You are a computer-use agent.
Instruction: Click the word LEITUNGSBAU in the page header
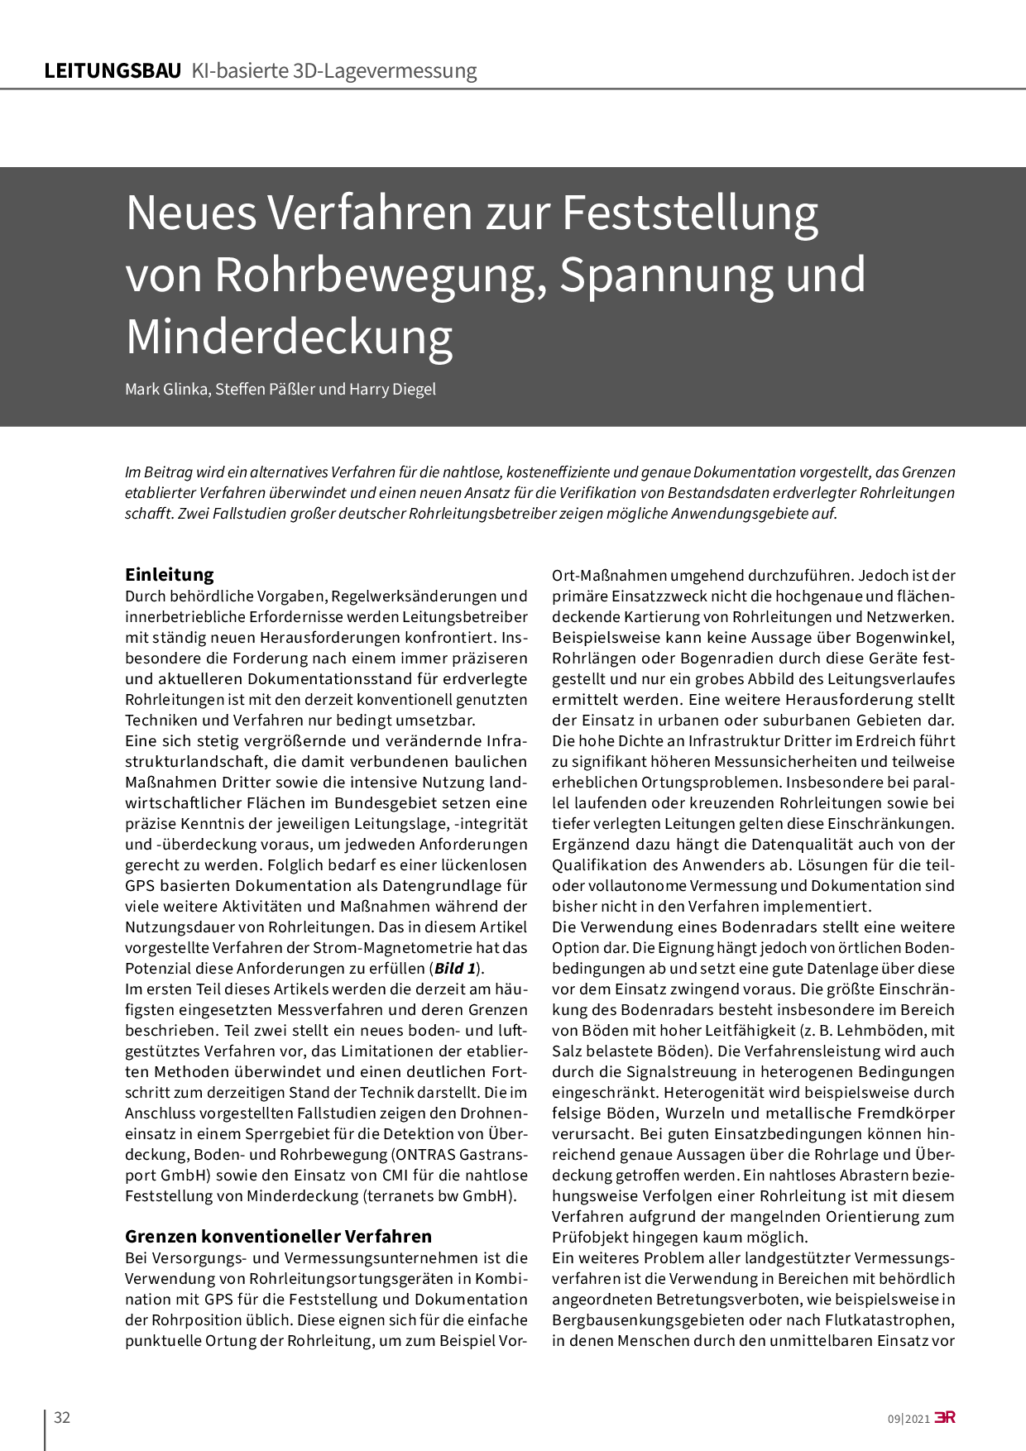pos(113,71)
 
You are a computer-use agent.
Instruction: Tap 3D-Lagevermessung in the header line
pos(385,71)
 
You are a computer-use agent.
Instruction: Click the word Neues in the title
pos(191,213)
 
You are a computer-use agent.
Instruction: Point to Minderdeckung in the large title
pos(289,336)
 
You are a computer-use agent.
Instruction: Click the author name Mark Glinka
pos(166,389)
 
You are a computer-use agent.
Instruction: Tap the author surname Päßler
pos(289,389)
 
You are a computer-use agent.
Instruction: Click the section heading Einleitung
pos(170,574)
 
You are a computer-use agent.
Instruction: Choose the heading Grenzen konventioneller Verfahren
pos(278,1236)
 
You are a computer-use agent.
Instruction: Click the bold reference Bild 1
pos(454,969)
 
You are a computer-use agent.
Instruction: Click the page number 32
pos(62,1418)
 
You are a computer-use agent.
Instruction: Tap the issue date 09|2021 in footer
pos(909,1419)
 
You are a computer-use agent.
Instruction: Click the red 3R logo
pos(945,1418)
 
